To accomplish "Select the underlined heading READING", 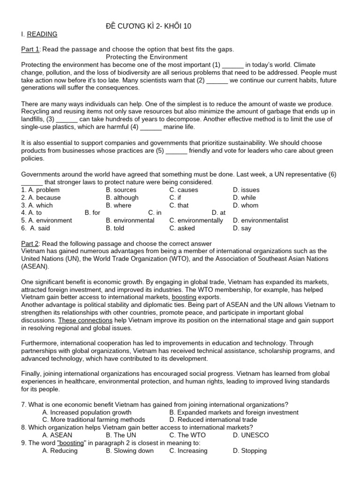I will tap(42, 34).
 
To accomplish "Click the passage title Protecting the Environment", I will tap(147, 57).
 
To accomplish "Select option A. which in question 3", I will tap(37, 205).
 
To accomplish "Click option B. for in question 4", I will tap(93, 213).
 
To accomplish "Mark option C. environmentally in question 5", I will tap(196, 220).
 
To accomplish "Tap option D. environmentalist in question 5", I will tap(260, 220).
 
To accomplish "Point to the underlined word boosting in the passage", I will tap(184, 297).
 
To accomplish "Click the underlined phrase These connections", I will tap(85, 320).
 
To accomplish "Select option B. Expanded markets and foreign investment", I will tap(234, 412).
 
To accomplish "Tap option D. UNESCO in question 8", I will tap(250, 435).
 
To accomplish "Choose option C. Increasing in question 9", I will tap(188, 450).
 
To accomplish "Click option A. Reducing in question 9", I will tap(60, 450).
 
